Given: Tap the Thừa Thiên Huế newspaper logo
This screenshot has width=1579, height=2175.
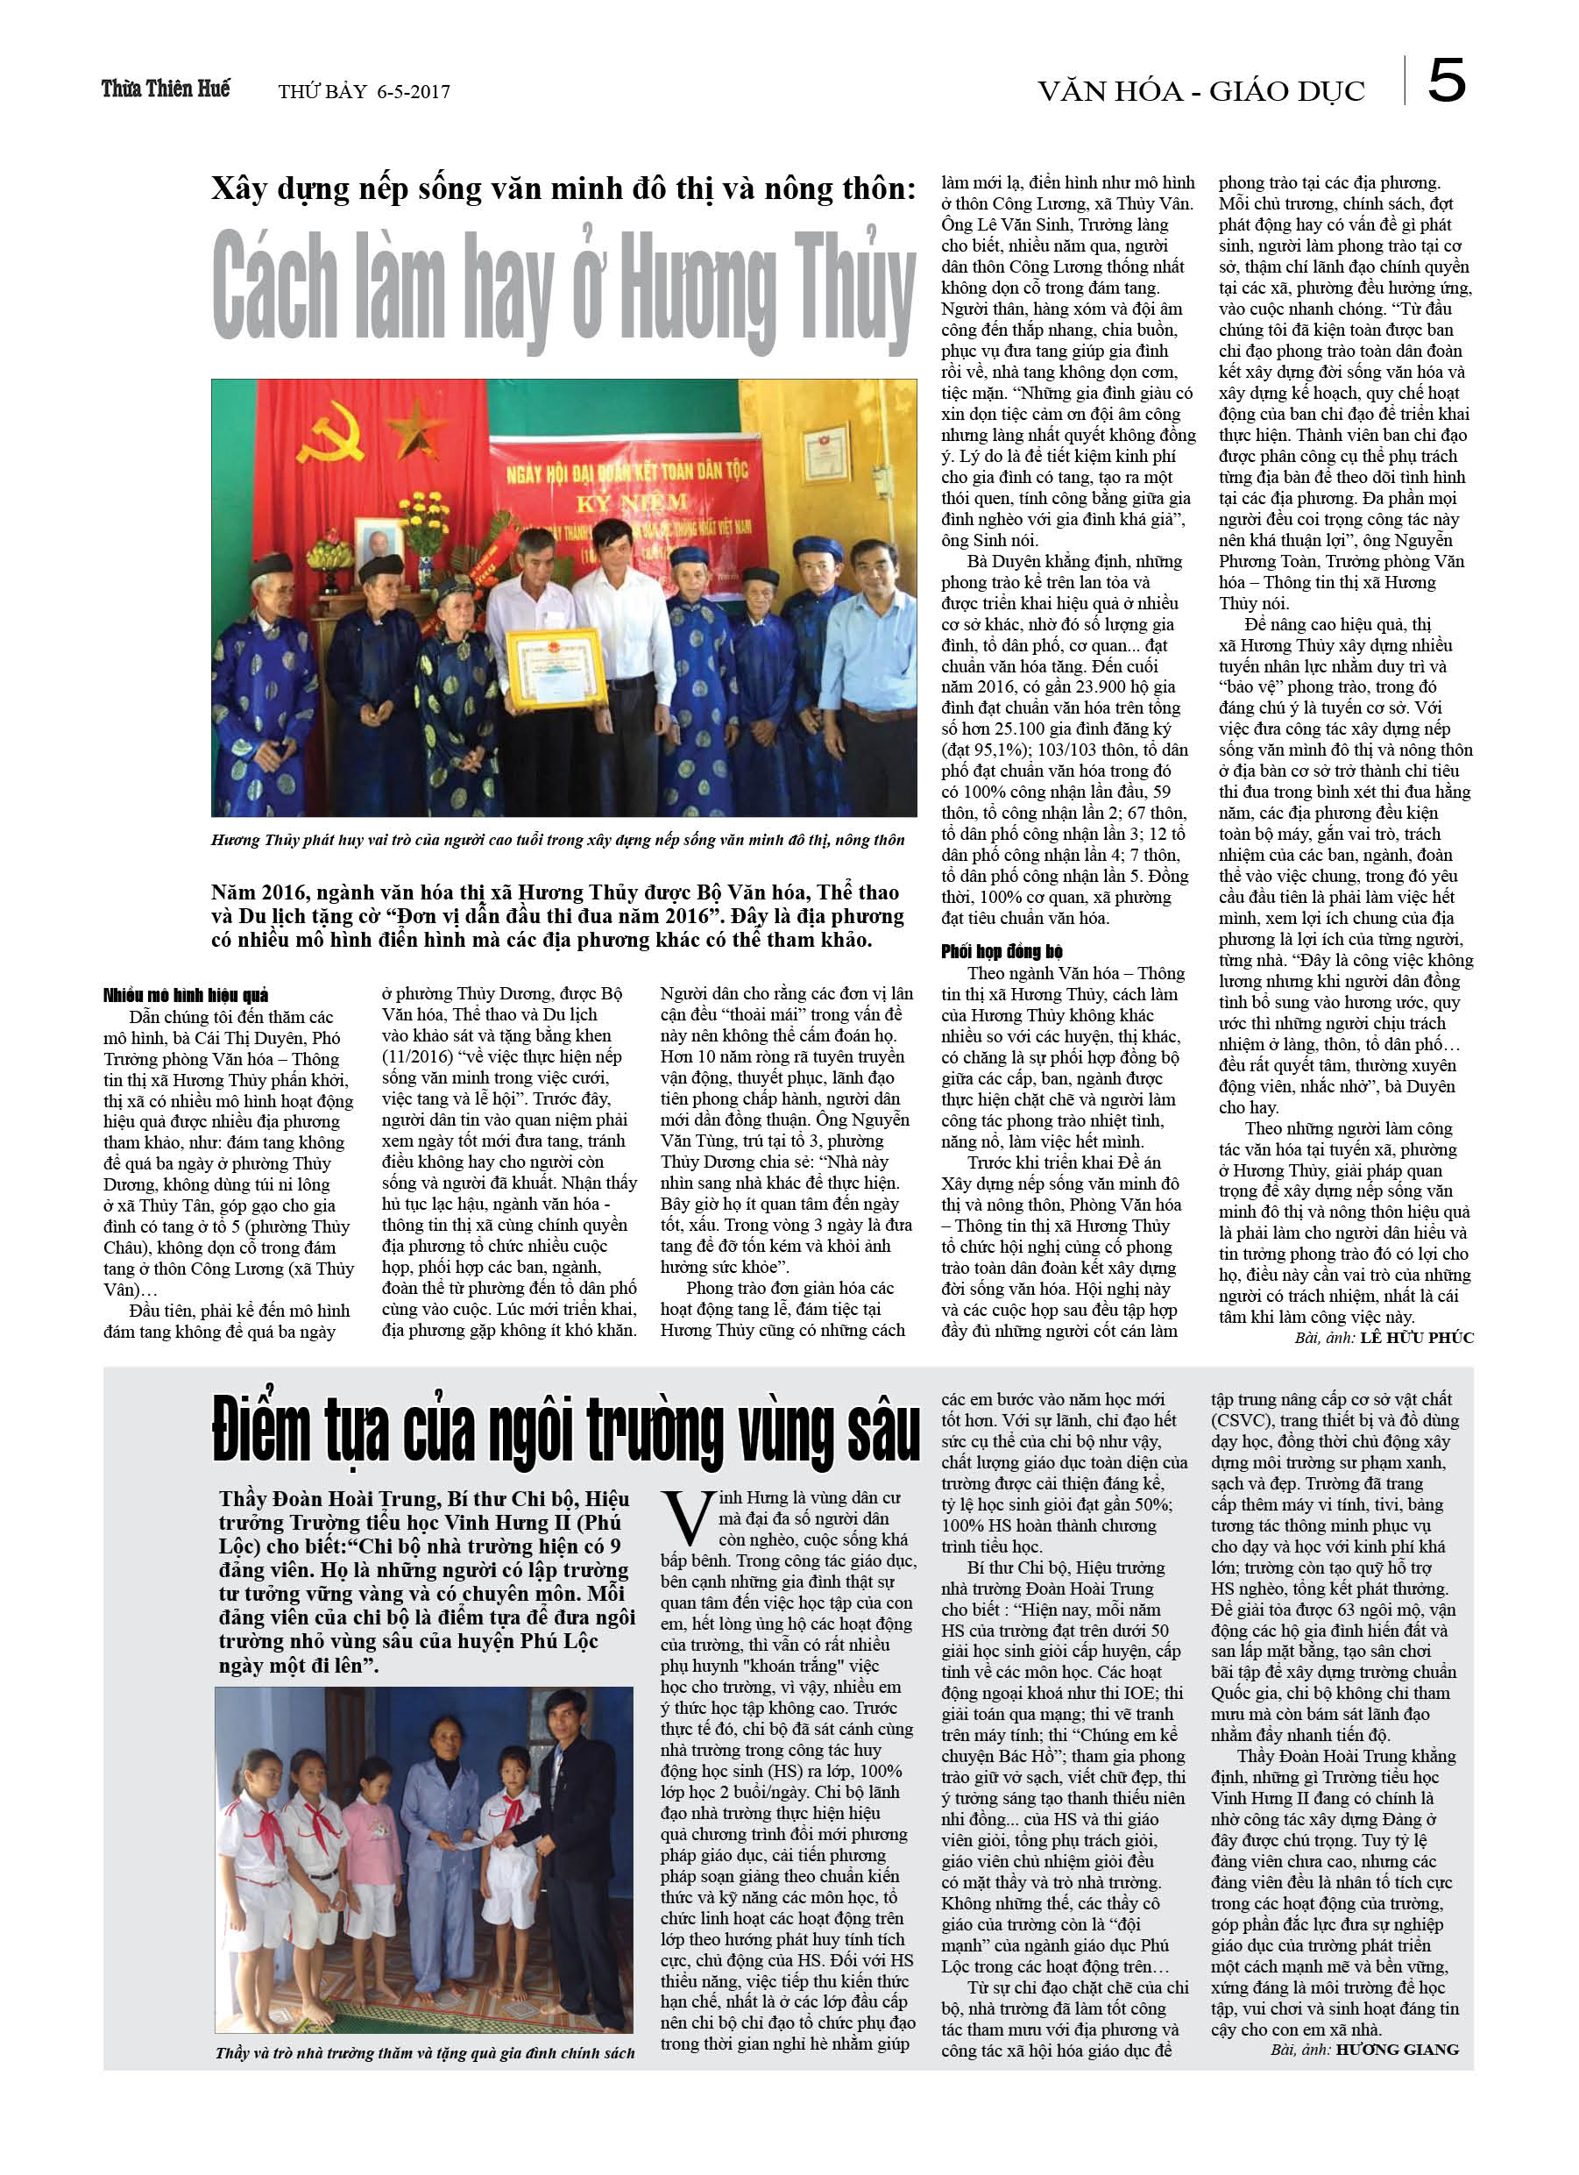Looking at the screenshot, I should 166,89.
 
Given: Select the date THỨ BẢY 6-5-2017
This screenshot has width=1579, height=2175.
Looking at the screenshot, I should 364,92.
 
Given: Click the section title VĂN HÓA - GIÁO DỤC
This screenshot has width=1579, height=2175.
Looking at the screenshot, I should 1200,91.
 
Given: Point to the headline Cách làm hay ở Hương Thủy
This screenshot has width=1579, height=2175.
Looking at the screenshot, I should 563,287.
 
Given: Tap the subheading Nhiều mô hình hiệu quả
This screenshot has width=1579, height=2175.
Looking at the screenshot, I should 186,994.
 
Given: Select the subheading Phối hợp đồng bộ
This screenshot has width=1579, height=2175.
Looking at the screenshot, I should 1001,951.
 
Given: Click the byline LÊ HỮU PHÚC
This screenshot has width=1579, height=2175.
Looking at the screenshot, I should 1416,1338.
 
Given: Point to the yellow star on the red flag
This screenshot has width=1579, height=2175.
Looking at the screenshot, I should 418,419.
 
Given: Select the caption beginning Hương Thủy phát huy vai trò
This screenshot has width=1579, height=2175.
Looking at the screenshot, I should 557,840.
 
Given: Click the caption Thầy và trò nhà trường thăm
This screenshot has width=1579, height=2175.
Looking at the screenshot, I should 425,2053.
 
